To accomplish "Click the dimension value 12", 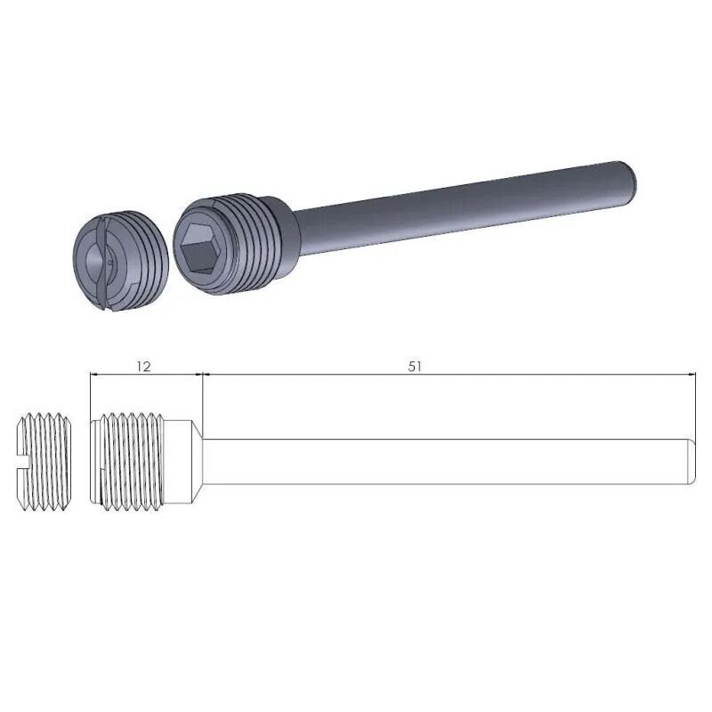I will tap(145, 366).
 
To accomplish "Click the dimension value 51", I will tap(415, 366).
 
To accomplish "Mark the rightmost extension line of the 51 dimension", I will tap(695, 400).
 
